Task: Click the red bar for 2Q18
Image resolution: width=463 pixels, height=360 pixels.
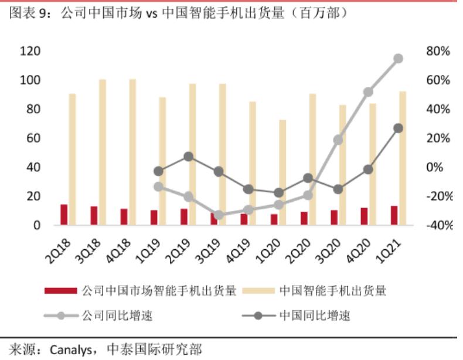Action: click(64, 215)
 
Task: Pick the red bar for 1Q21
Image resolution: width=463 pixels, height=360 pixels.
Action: click(394, 215)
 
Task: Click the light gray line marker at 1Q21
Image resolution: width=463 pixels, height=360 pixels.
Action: click(398, 59)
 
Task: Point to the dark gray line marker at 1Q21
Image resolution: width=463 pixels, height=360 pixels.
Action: click(398, 128)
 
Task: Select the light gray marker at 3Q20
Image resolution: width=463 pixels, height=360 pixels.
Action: click(338, 140)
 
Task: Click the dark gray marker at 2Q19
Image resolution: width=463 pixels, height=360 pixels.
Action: click(188, 157)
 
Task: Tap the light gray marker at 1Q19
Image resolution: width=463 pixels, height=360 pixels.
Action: click(158, 186)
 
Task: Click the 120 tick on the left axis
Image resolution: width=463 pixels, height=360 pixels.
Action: click(30, 52)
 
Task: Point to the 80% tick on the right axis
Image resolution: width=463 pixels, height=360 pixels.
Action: click(438, 52)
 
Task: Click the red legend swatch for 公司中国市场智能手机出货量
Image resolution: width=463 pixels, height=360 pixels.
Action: click(61, 291)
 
